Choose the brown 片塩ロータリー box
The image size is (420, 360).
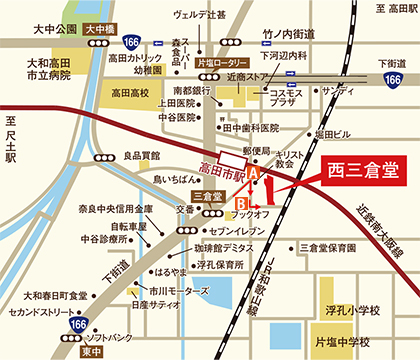click(221, 61)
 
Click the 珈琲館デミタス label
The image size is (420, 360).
click(225, 246)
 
